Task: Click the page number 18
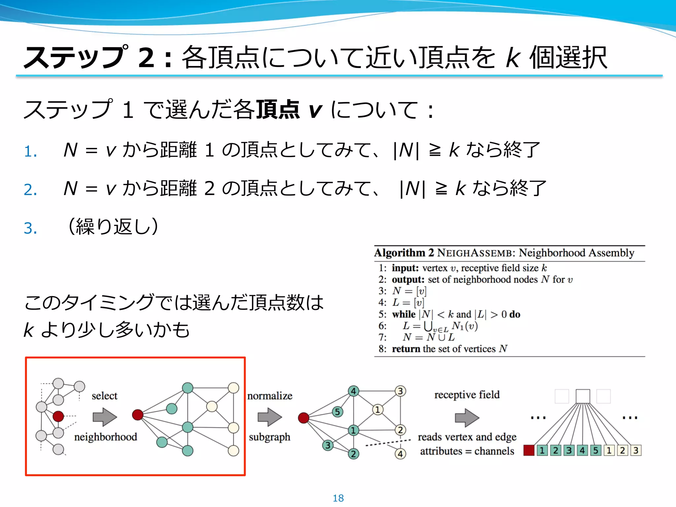pos(338,498)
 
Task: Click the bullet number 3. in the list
pos(30,228)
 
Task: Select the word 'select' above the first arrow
pos(104,395)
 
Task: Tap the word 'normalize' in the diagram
pos(270,395)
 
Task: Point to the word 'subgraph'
pos(269,437)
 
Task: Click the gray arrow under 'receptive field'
pos(467,418)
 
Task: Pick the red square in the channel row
pos(529,450)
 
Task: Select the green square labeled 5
pos(595,450)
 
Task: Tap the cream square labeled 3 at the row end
pos(636,450)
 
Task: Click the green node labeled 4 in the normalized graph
pos(354,391)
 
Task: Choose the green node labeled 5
pos(337,412)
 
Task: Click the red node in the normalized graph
pos(303,418)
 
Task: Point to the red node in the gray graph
pos(58,416)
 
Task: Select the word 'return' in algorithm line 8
pos(406,349)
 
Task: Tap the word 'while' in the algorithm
pos(403,314)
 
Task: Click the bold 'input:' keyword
pos(405,268)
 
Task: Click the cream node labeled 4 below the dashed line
pos(400,454)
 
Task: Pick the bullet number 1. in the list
pos(30,152)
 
